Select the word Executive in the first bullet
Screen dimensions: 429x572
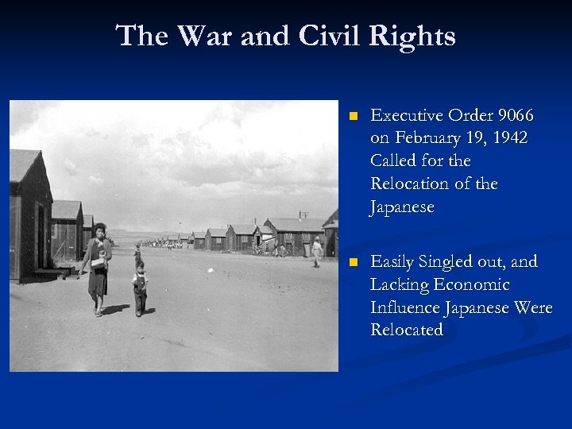pos(409,115)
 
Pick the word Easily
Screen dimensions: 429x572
pos(396,261)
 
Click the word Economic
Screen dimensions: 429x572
pos(477,284)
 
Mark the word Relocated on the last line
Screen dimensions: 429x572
pos(407,330)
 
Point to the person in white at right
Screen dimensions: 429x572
pos(317,251)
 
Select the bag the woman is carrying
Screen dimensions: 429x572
pos(98,264)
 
